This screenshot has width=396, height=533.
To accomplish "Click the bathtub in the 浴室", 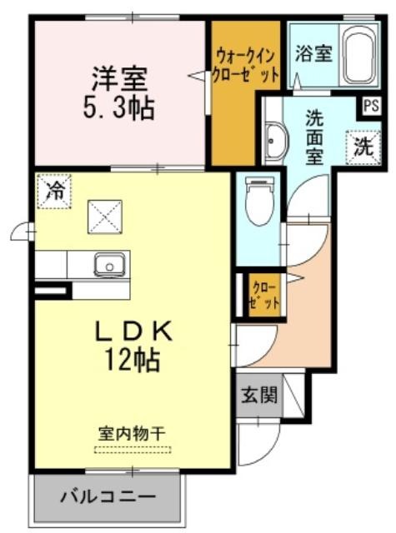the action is [358, 56].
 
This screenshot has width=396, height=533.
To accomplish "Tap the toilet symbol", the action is [261, 201].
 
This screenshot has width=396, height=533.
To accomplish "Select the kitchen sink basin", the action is [109, 266].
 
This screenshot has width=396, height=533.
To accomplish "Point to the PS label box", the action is [371, 106].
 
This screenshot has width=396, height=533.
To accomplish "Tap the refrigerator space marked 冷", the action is [54, 192].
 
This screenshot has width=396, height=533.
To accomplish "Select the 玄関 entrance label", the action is [259, 395].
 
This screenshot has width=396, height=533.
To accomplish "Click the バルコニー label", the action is [108, 498].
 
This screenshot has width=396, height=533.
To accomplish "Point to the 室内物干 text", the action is [133, 434].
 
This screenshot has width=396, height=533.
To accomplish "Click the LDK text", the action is [133, 331].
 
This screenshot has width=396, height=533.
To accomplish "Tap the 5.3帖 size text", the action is [118, 108].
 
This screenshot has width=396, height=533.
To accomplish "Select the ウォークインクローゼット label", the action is [245, 65].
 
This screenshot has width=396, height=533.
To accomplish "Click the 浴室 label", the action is [313, 53].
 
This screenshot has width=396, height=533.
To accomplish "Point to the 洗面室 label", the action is [314, 137].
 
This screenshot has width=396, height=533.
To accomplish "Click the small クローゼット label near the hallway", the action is [264, 296].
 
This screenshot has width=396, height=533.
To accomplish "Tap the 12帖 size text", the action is [133, 360].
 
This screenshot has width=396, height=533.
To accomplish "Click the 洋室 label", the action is [119, 79].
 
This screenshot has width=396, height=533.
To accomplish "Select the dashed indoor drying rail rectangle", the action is [133, 450].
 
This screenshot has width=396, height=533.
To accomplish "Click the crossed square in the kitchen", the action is [105, 217].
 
